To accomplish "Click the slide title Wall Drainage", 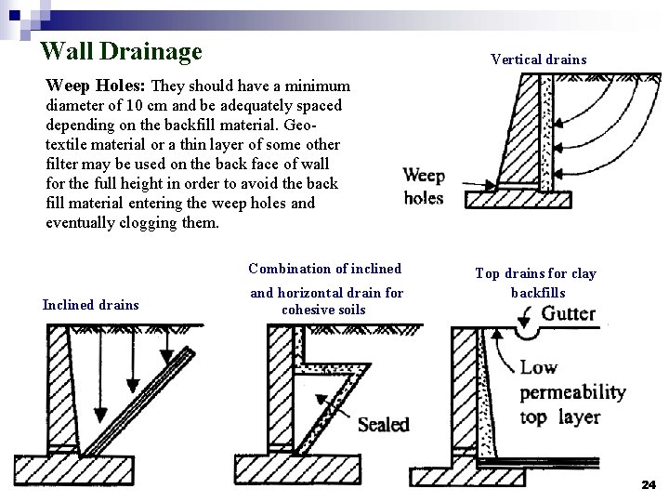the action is point(121,50).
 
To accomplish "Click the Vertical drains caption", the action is point(539,59).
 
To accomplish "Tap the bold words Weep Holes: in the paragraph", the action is point(97,86).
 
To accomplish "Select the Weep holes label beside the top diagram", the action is point(424,187).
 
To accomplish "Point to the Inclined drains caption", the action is point(90,305).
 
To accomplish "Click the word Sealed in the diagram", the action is point(383,424).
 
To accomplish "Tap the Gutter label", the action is point(568,313).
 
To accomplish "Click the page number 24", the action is point(649,484).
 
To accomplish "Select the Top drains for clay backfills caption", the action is point(535,283).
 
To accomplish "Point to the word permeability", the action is point(572,392).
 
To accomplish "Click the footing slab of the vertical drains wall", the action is point(516,198).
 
